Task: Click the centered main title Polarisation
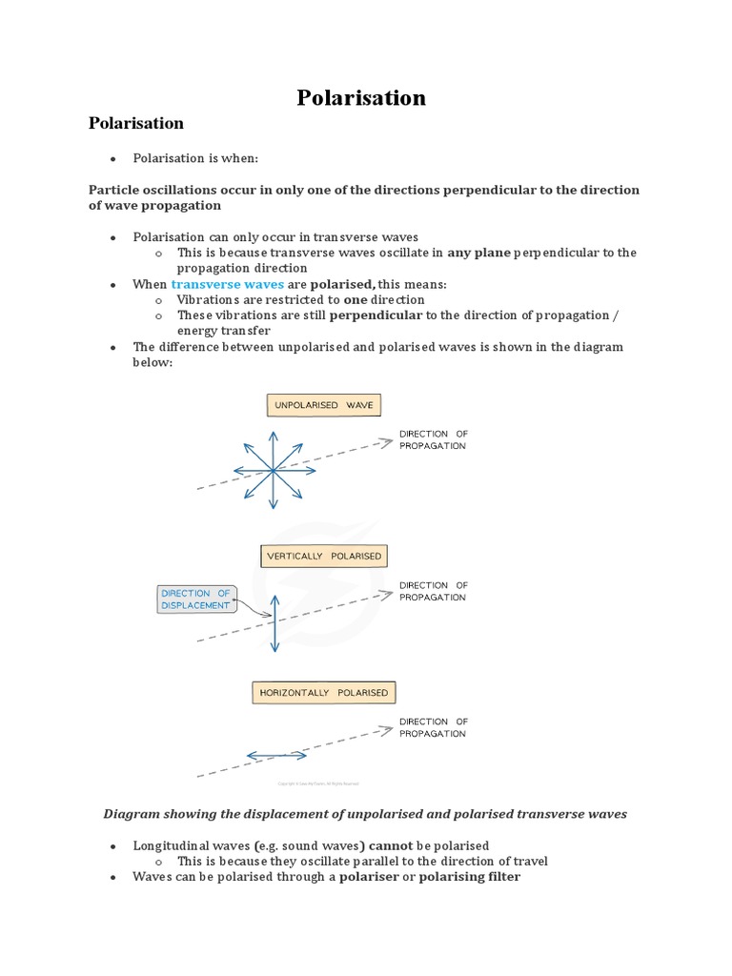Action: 361,97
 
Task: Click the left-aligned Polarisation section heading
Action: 135,123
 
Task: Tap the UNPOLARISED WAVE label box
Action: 323,405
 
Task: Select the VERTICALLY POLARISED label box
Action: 324,556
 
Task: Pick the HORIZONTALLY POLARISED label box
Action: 323,693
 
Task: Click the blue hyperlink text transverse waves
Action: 227,284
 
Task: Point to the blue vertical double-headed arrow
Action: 274,624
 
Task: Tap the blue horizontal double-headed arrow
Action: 276,756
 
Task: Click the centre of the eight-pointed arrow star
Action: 273,470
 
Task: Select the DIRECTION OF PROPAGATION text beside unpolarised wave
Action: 433,439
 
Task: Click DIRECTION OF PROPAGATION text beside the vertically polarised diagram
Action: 433,591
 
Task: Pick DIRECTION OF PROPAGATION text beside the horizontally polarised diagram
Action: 433,727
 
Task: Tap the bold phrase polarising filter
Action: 470,876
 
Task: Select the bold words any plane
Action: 479,253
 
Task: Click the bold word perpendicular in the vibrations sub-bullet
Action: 375,315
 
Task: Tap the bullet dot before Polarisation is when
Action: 112,158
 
